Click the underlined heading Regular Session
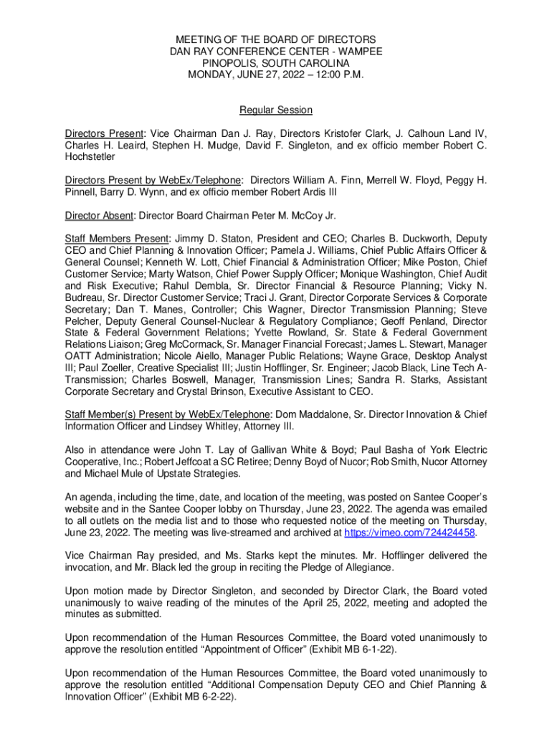pyautogui.click(x=276, y=110)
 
